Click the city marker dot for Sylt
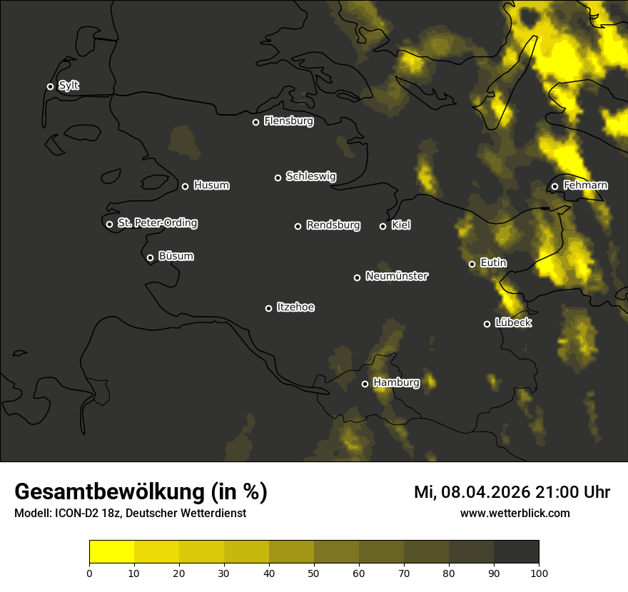(x=50, y=86)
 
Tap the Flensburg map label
(x=288, y=121)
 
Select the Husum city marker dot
(x=185, y=186)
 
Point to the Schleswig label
(x=310, y=176)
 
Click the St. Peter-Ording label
(x=157, y=223)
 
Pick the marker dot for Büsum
(x=150, y=258)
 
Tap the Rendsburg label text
(x=333, y=225)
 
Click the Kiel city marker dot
(x=383, y=226)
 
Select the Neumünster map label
(x=396, y=276)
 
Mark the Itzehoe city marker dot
(x=268, y=308)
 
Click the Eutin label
(x=493, y=263)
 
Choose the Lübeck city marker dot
(x=487, y=324)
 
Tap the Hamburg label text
(x=396, y=383)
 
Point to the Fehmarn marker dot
(x=554, y=187)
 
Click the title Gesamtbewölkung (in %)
(x=141, y=492)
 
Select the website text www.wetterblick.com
(x=515, y=513)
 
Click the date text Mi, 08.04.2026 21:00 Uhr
(x=512, y=492)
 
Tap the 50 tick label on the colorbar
(x=314, y=572)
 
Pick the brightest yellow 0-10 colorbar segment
(x=111, y=551)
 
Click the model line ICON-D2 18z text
(x=130, y=513)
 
